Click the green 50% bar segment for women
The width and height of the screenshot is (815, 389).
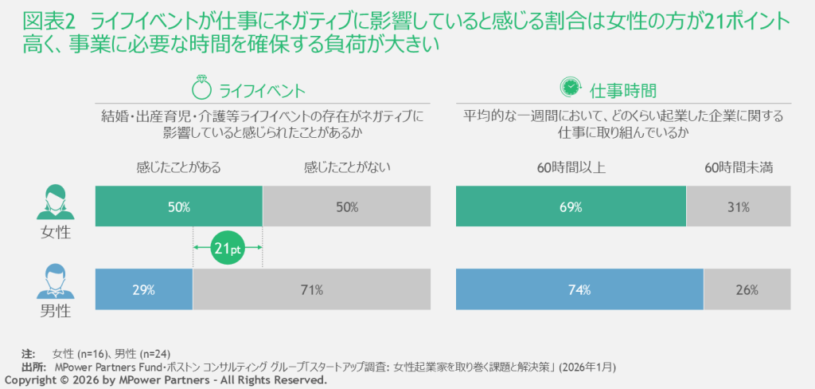click(x=178, y=207)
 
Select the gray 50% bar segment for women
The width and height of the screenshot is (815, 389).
click(x=346, y=207)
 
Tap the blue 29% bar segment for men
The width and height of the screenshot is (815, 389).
click(x=143, y=290)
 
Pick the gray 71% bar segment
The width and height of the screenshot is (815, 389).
click(x=311, y=290)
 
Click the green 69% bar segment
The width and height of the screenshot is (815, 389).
click(x=571, y=207)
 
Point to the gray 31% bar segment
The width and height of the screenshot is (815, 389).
click(x=739, y=207)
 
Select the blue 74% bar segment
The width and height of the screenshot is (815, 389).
click(x=579, y=290)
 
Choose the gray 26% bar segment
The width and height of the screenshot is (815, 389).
click(x=747, y=290)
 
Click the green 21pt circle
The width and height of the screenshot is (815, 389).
click(x=228, y=250)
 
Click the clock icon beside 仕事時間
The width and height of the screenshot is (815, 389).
click(x=570, y=87)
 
